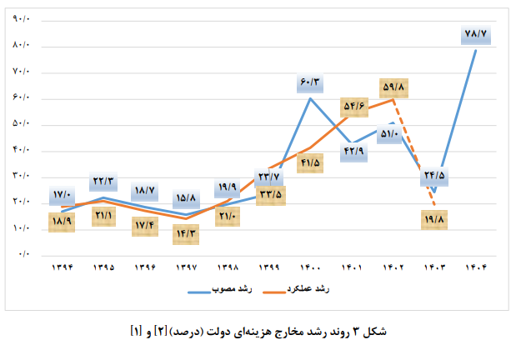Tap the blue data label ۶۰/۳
coord(310,83)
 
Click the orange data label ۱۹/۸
coord(436,220)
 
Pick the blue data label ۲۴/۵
coord(434,176)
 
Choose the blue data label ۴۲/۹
coord(352,151)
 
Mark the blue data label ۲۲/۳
coord(103,182)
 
